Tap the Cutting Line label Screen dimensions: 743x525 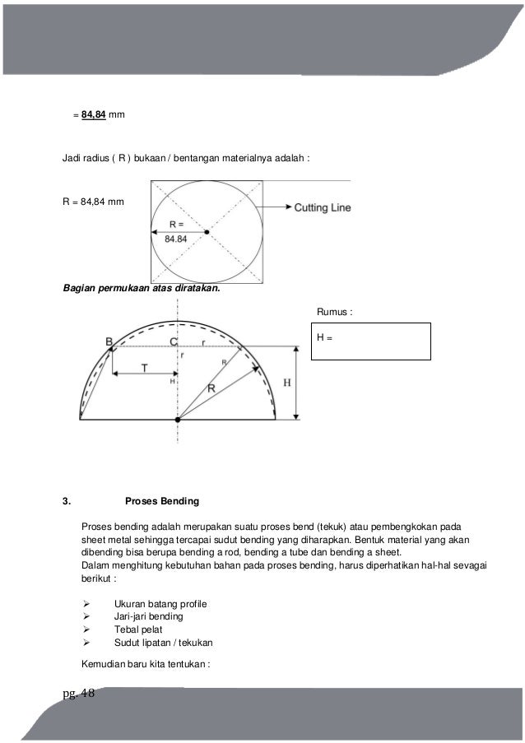point(323,208)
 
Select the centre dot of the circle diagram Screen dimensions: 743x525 point(207,232)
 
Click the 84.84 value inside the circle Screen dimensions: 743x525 point(177,239)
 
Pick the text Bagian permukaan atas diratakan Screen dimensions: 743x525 point(142,288)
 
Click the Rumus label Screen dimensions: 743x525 point(334,313)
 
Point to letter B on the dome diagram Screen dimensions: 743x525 point(109,341)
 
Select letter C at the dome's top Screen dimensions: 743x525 point(173,341)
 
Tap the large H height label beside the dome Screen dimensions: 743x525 point(286,383)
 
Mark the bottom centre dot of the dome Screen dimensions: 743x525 point(177,420)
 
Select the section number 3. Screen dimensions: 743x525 point(67,500)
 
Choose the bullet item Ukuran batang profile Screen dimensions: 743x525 point(160,604)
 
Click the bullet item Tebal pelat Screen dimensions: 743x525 point(138,629)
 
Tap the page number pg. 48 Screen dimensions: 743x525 point(79,692)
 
